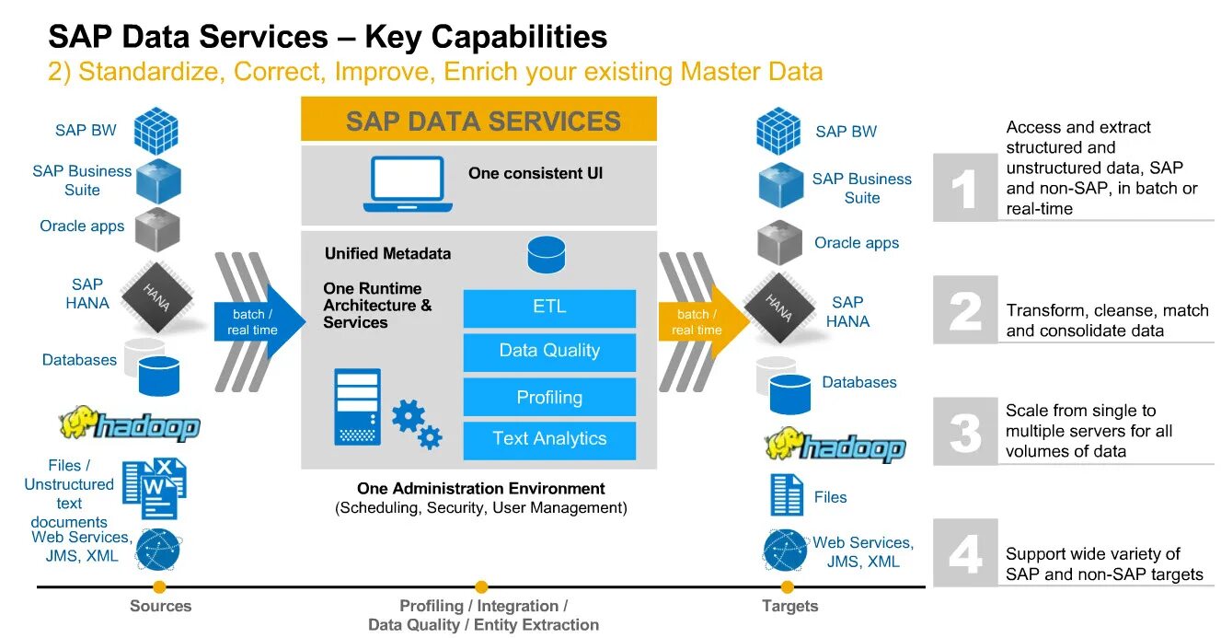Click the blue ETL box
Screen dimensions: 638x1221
click(x=549, y=307)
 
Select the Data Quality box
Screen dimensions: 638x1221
click(x=549, y=352)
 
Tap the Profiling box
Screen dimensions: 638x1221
click(x=549, y=398)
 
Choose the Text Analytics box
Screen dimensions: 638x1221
click(x=549, y=440)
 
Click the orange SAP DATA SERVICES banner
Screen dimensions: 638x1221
click(x=478, y=121)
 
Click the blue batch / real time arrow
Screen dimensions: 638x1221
click(x=258, y=322)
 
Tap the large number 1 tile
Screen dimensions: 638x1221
click(x=965, y=189)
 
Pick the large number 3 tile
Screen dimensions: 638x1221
click(x=965, y=431)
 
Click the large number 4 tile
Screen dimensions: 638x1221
click(x=965, y=553)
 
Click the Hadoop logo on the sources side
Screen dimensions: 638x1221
click(x=130, y=423)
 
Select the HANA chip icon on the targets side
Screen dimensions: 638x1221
click(x=779, y=307)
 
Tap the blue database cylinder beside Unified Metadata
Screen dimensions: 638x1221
click(x=547, y=255)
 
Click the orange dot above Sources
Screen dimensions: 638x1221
click(x=159, y=586)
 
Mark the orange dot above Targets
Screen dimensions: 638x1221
click(x=788, y=586)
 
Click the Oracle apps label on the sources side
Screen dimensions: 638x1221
click(x=82, y=226)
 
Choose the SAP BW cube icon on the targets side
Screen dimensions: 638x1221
click(x=778, y=131)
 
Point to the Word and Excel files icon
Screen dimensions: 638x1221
click(x=155, y=487)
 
